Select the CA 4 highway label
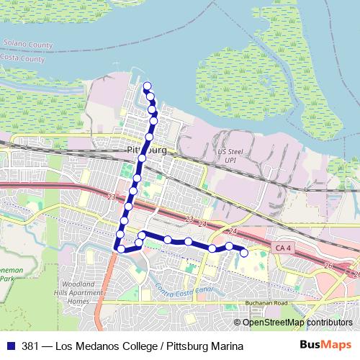284,248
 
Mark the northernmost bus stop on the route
148,87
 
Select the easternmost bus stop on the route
244,252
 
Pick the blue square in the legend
9,346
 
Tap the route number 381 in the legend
30,346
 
